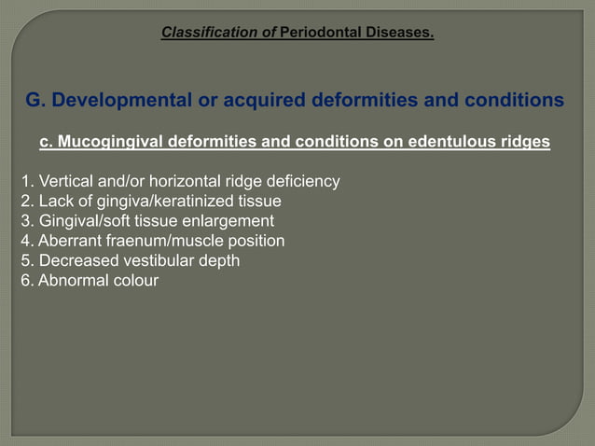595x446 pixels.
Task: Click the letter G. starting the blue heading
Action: pyautogui.click(x=35, y=100)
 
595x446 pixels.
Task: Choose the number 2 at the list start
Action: pyautogui.click(x=25, y=201)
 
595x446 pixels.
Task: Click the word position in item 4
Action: pyautogui.click(x=256, y=241)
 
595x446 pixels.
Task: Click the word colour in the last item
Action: pyautogui.click(x=134, y=280)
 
